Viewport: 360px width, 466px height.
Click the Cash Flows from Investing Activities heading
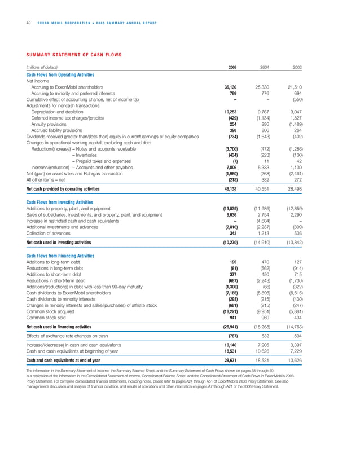pos(60,202)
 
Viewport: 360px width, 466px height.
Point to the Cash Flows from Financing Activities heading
pos(60,256)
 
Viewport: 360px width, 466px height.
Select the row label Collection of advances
pos(49,232)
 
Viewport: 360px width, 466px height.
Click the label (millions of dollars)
pos(43,68)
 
